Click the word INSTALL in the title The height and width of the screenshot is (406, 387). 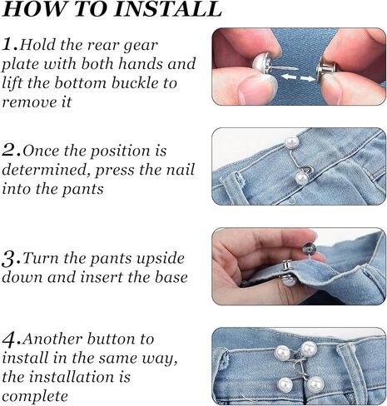pyautogui.click(x=168, y=10)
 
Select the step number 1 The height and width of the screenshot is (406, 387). pyautogui.click(x=8, y=44)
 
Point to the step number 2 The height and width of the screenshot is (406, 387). pyautogui.click(x=10, y=151)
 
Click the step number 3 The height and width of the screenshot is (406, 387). pyautogui.click(x=10, y=260)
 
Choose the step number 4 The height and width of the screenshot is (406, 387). pyautogui.click(x=10, y=339)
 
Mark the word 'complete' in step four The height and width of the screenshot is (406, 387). pyautogui.click(x=35, y=397)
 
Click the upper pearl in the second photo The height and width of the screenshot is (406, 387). pyautogui.click(x=292, y=142)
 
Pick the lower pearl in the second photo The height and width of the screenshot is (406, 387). pyautogui.click(x=301, y=178)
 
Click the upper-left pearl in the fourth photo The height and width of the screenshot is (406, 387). pyautogui.click(x=282, y=353)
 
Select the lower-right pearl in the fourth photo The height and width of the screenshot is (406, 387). pyautogui.click(x=315, y=384)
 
